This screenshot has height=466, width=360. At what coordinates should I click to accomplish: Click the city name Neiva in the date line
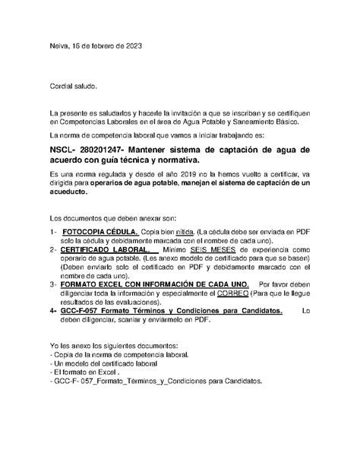[x=58, y=46]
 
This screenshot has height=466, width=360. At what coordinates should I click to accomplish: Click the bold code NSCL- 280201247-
[x=89, y=150]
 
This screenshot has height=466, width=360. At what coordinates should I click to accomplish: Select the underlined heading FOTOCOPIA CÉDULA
[x=100, y=230]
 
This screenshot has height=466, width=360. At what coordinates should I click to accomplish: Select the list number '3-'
[x=54, y=283]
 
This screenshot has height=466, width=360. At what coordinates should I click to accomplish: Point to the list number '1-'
[x=54, y=230]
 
